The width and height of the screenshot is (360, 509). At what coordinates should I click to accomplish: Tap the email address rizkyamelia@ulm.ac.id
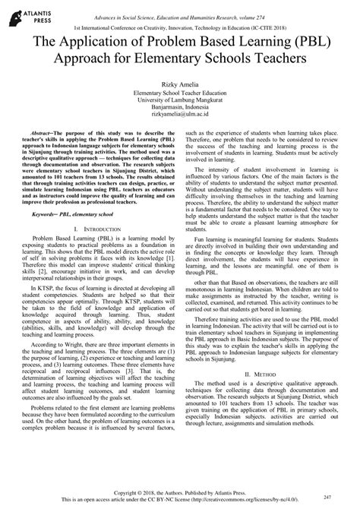coord(180,115)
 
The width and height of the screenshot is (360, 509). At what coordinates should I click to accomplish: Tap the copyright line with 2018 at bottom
coord(179,492)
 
